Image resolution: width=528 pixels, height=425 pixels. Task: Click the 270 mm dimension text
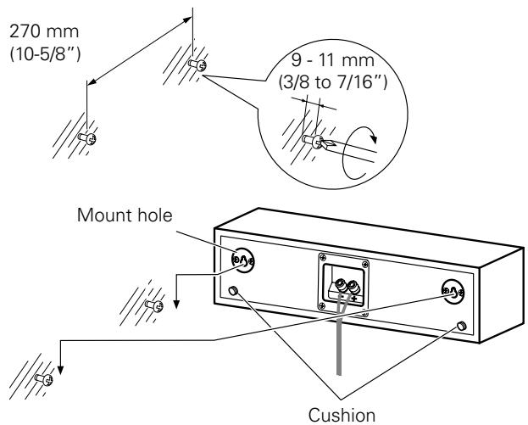tap(44, 31)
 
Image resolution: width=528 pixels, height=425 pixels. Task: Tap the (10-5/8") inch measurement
tap(46, 54)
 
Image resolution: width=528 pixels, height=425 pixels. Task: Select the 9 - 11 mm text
tap(333, 60)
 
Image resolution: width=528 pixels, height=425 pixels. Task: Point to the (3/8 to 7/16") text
tap(333, 82)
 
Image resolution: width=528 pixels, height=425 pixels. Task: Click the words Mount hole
tap(125, 215)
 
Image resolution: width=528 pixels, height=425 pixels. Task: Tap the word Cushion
tap(342, 415)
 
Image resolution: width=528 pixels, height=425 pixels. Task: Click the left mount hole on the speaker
tap(242, 260)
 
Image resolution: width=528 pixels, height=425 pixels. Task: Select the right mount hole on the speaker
tap(453, 291)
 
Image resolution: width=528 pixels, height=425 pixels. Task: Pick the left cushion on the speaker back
tap(232, 290)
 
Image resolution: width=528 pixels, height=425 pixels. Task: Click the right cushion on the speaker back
tap(462, 326)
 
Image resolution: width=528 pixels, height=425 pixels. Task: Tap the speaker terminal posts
tap(347, 286)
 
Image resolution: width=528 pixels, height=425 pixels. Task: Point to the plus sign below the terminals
tap(354, 299)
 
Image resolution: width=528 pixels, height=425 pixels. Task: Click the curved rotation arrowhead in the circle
tap(373, 138)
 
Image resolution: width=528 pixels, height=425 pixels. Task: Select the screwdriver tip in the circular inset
tap(327, 144)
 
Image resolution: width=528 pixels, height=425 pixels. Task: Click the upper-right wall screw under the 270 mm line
tap(197, 64)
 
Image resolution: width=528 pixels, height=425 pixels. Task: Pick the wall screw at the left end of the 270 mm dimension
tap(87, 137)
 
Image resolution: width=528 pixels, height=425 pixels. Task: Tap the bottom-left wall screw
tap(44, 379)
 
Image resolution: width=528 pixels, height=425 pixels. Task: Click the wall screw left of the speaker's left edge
tap(154, 305)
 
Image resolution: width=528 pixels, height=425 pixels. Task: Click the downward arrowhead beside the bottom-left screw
tap(60, 370)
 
